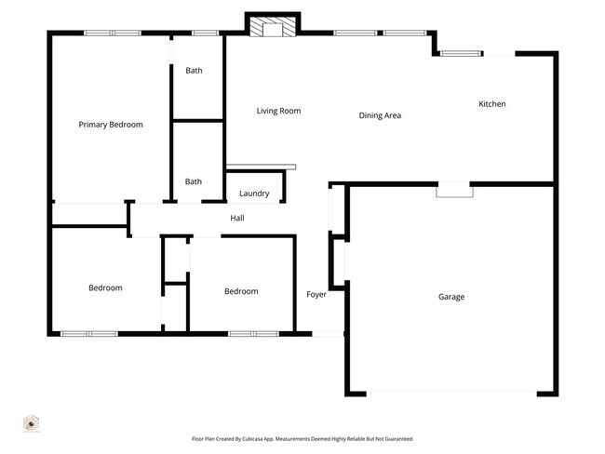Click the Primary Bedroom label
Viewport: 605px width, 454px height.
coord(111,124)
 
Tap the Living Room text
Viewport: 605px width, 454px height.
coord(278,111)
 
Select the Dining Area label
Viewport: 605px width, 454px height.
coord(380,115)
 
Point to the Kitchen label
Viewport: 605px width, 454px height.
coord(491,104)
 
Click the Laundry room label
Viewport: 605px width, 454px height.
coord(254,194)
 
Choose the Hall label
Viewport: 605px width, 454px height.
coord(237,218)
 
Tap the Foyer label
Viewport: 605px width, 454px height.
coord(316,295)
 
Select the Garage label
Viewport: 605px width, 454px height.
coord(451,297)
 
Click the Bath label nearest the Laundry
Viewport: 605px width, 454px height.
coord(194,181)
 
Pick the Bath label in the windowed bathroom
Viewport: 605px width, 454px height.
coord(194,71)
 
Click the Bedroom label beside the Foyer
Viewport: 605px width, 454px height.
coord(241,291)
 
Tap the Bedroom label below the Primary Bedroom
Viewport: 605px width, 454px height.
coord(105,287)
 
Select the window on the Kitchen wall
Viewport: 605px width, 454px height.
coord(462,54)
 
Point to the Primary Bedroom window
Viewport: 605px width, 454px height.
coord(112,33)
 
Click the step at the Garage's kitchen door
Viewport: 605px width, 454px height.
coord(454,190)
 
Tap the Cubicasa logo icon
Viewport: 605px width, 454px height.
coord(31,423)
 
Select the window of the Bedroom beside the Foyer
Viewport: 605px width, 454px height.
coord(253,333)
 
